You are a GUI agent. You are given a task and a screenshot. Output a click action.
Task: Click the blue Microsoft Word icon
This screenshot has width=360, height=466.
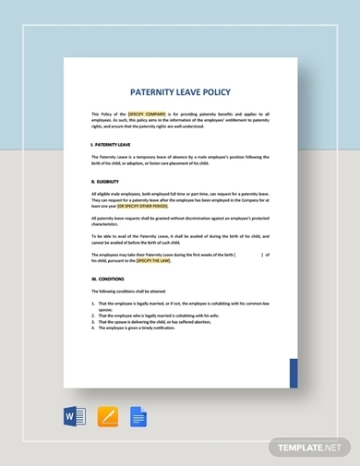point(76,417)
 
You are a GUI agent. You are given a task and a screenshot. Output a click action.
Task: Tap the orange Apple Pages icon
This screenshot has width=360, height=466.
point(108,417)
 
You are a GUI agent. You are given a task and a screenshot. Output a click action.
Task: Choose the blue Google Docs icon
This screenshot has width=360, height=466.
point(139,417)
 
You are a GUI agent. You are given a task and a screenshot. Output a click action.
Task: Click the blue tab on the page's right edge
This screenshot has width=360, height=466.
point(294,374)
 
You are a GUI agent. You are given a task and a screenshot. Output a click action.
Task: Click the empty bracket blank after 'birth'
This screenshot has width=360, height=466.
point(249,254)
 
